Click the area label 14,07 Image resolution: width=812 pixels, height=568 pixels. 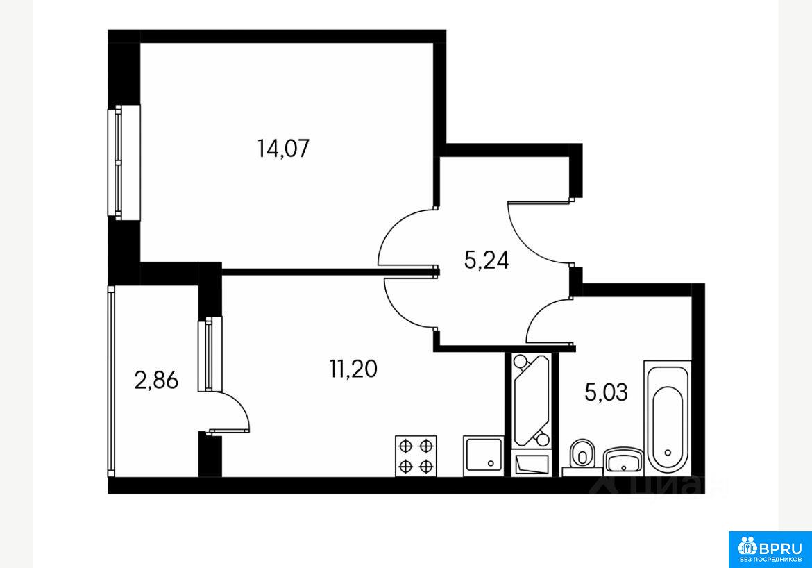[x=283, y=149]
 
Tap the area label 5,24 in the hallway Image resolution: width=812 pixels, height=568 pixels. [x=487, y=260]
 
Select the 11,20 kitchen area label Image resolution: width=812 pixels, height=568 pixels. [x=353, y=369]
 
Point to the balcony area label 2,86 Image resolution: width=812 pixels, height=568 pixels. [x=156, y=381]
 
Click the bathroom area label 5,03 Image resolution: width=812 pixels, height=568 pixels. [x=606, y=392]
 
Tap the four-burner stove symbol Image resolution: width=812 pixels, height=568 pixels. [x=416, y=456]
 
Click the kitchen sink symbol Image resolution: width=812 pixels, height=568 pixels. [x=483, y=456]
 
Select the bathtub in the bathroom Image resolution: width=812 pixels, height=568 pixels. [x=667, y=418]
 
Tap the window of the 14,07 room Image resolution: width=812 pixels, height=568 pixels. [x=124, y=162]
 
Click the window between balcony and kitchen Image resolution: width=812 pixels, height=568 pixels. [x=210, y=354]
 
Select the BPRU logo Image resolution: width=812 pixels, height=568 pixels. [x=770, y=549]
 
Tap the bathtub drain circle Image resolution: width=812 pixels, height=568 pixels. [x=668, y=453]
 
